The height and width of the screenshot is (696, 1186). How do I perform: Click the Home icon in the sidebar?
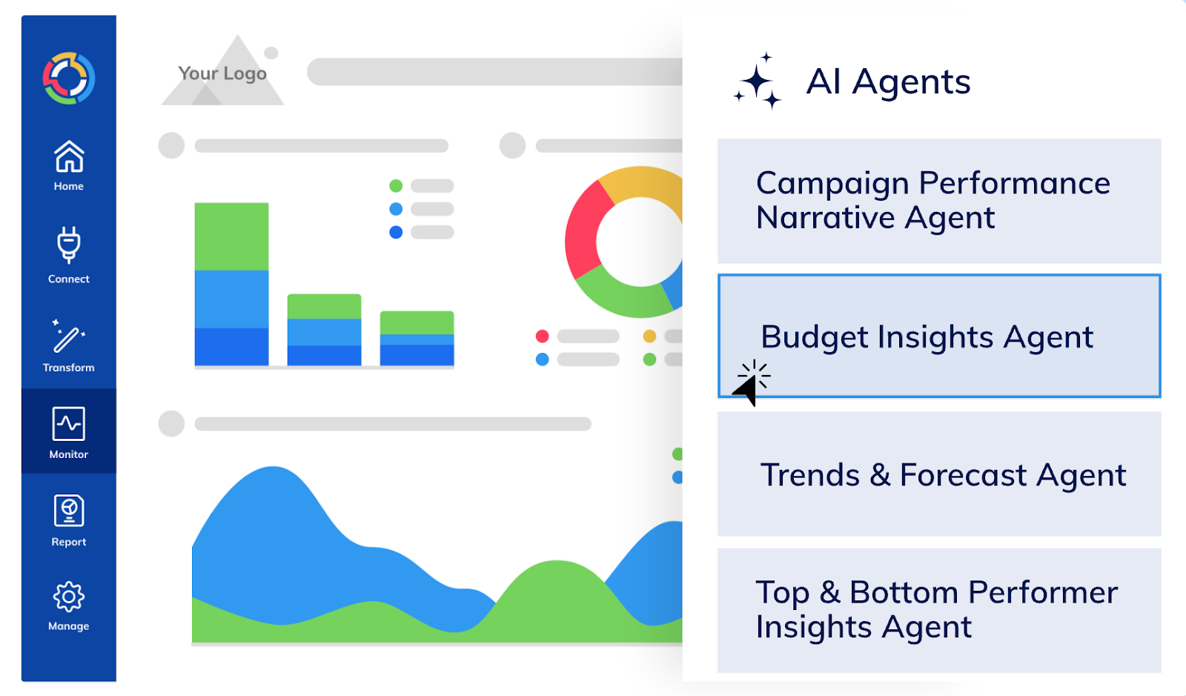[x=69, y=157]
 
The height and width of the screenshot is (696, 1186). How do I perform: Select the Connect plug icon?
[x=69, y=245]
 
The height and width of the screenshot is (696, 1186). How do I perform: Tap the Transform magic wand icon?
[x=68, y=337]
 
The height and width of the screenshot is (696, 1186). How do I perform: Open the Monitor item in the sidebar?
[x=69, y=431]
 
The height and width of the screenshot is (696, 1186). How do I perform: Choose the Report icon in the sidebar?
[x=69, y=511]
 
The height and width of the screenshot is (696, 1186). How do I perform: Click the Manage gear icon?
[x=69, y=597]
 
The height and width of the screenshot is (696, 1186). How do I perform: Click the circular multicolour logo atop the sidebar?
[x=69, y=78]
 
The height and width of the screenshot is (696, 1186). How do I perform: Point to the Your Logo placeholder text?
[x=222, y=73]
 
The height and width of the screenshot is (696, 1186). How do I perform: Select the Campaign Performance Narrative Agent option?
[x=938, y=201]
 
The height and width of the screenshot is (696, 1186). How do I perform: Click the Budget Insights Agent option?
[x=938, y=337]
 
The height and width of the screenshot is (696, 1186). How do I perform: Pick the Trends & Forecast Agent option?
[x=938, y=474]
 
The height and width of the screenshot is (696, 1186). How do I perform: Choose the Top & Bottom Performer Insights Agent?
[x=938, y=610]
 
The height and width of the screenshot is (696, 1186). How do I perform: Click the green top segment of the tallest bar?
[x=231, y=236]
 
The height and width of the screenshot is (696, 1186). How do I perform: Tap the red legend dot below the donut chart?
[x=543, y=337]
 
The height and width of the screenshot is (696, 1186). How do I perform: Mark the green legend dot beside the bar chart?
[x=396, y=186]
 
